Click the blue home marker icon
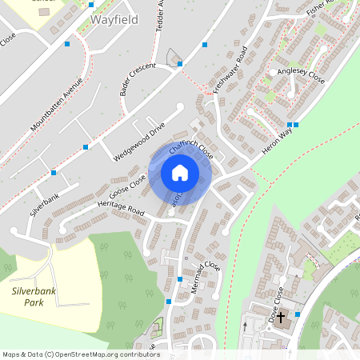[x=180, y=173]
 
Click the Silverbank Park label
[x=33, y=297]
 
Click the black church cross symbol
[x=281, y=317]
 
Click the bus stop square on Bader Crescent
[x=180, y=63]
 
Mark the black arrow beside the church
[x=245, y=326]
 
